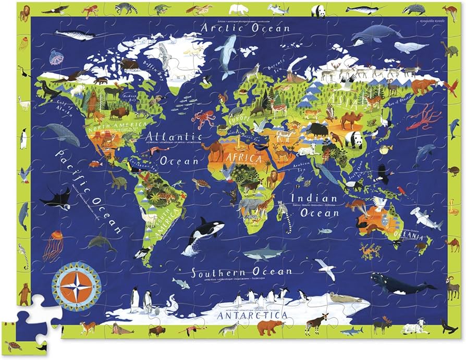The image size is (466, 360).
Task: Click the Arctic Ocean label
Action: pyautogui.click(x=246, y=27)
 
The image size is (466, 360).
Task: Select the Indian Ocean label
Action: pyautogui.click(x=314, y=205)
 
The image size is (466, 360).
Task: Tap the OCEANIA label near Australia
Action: pyautogui.click(x=412, y=238)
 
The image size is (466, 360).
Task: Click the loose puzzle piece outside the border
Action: pyautogui.click(x=25, y=323)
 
